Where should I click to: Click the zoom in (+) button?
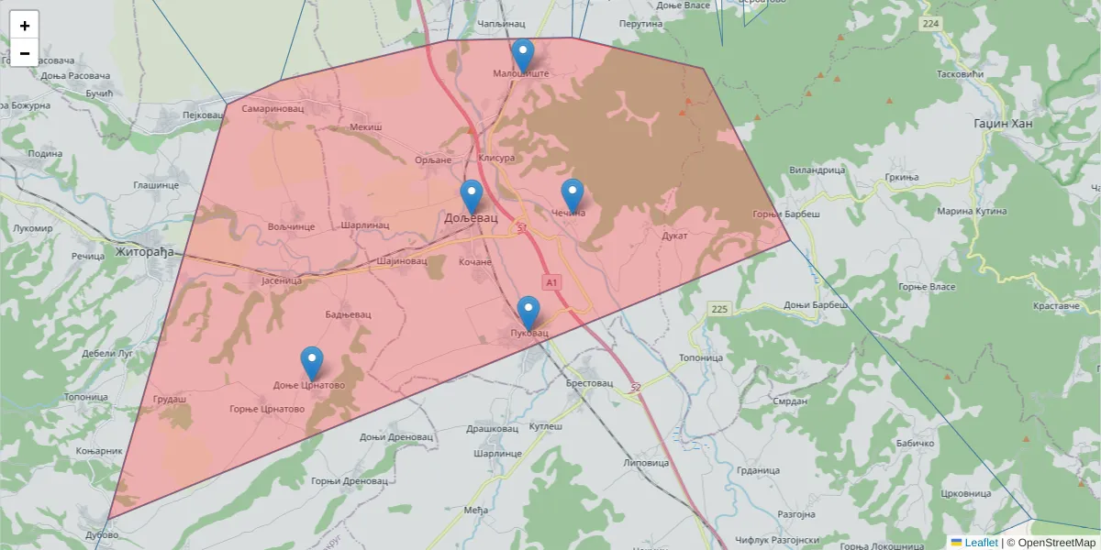point(25,26)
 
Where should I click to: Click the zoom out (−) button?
point(25,53)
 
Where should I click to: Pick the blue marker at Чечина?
point(573,195)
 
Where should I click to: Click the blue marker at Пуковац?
point(528,313)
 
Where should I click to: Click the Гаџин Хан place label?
point(1003,123)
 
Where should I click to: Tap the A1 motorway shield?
point(551,283)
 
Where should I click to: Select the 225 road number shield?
point(718,310)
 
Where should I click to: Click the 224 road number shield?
point(931,23)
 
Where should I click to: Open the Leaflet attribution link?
point(981,543)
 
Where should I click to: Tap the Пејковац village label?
point(204,115)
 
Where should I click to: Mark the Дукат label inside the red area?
point(674,236)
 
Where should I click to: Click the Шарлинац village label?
point(364,225)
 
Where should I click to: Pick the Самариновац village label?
point(272,108)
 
